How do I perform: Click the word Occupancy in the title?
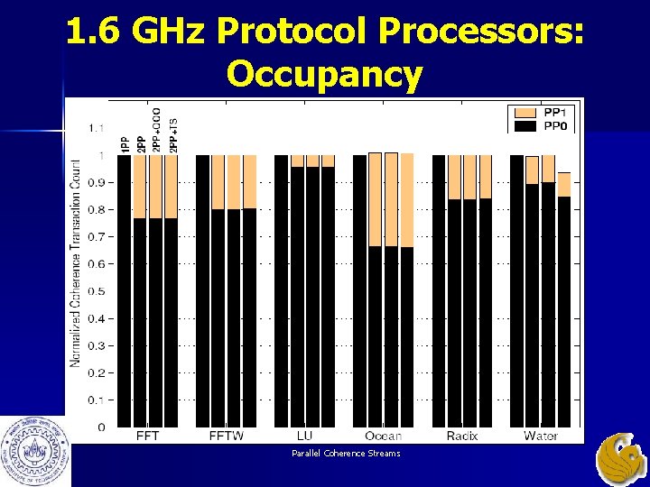tap(325, 74)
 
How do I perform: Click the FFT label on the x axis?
tap(147, 436)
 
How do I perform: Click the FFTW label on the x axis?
tap(227, 436)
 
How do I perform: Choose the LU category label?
tap(305, 436)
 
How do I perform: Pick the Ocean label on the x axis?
tap(384, 436)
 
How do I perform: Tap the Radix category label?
tap(462, 436)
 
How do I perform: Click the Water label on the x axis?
tap(541, 436)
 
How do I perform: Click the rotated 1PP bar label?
tap(125, 142)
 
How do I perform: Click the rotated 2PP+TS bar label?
tap(174, 134)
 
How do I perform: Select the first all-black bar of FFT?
tap(125, 289)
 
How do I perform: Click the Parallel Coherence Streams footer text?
tap(346, 453)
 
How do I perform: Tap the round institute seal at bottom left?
tap(33, 448)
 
